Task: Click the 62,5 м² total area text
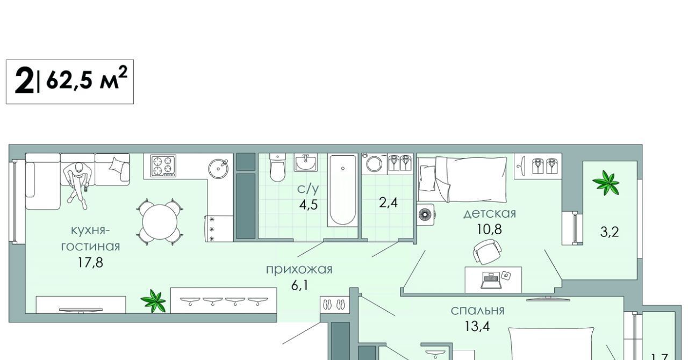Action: click(x=87, y=78)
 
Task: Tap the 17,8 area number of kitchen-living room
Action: click(x=90, y=263)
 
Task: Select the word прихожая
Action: click(x=299, y=269)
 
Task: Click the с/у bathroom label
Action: click(x=308, y=189)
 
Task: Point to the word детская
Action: click(x=490, y=213)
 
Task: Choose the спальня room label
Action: click(x=478, y=311)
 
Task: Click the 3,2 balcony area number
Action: click(x=610, y=232)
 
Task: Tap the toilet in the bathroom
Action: click(x=278, y=168)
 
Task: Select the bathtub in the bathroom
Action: click(x=342, y=190)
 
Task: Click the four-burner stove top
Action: click(x=163, y=165)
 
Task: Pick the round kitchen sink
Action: click(x=218, y=168)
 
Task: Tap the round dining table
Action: click(x=160, y=222)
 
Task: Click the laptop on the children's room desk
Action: click(x=491, y=280)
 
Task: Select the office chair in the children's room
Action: click(x=488, y=251)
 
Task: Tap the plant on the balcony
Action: click(x=606, y=183)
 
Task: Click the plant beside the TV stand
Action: click(x=153, y=301)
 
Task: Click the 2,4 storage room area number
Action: click(x=388, y=203)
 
